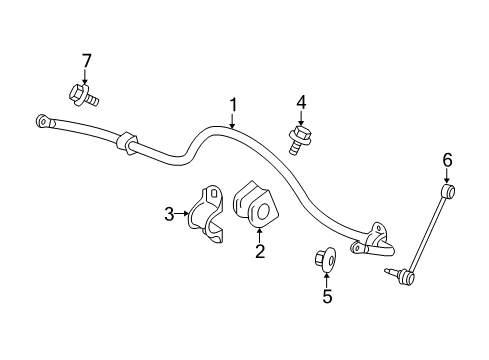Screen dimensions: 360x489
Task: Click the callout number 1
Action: click(233, 104)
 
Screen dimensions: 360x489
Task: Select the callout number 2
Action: click(259, 251)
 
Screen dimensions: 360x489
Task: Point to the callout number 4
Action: click(299, 101)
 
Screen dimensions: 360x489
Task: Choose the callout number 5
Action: click(326, 296)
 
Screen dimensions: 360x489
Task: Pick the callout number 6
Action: click(447, 158)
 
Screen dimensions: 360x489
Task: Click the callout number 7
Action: click(85, 63)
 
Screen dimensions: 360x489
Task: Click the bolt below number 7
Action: click(82, 95)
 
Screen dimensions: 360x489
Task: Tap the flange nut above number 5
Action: click(325, 260)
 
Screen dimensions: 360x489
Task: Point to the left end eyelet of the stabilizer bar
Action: click(43, 121)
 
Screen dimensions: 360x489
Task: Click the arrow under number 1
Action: click(233, 120)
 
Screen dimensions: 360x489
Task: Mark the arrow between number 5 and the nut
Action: click(326, 279)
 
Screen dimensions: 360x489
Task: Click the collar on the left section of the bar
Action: click(126, 142)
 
